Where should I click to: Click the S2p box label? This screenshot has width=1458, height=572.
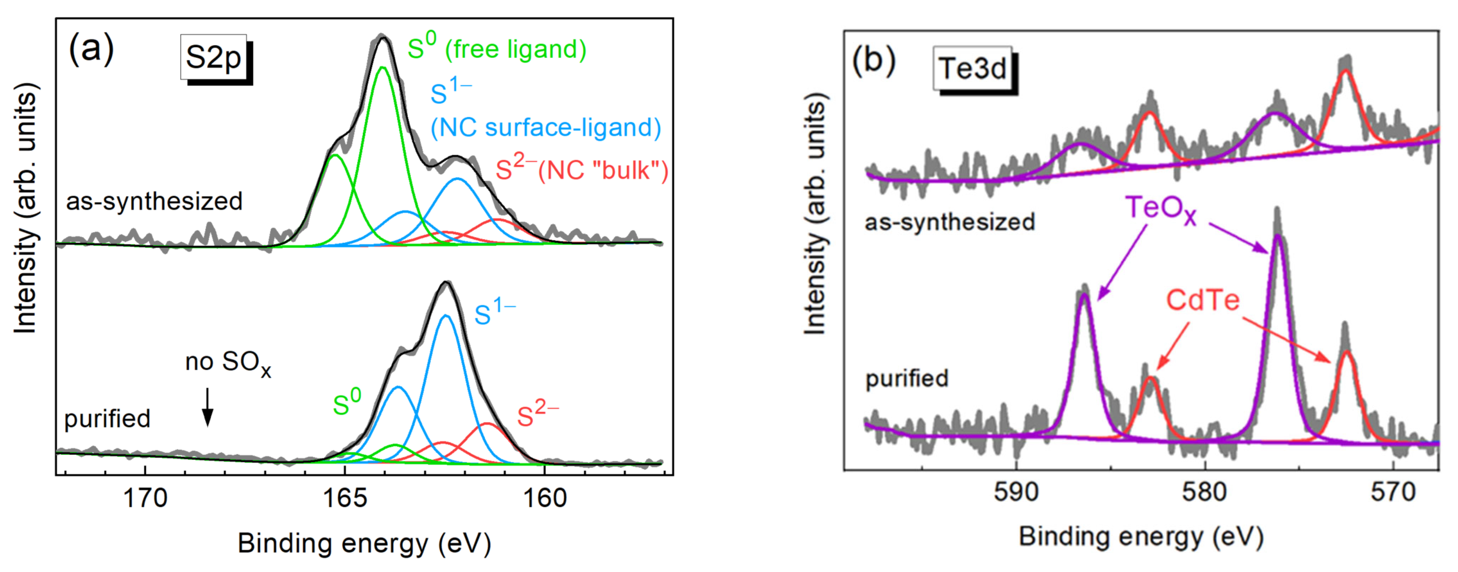point(213,58)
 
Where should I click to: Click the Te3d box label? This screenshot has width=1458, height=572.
point(973,69)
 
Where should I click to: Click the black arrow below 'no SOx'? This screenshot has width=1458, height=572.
point(208,406)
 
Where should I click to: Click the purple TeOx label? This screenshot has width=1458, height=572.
point(1160,209)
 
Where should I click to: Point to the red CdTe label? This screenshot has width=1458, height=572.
point(1203,300)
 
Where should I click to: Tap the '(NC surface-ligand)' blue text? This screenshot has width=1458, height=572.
point(546,127)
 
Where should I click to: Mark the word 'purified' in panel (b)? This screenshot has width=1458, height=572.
point(907,378)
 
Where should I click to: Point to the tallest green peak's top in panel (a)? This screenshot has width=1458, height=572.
point(383,67)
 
